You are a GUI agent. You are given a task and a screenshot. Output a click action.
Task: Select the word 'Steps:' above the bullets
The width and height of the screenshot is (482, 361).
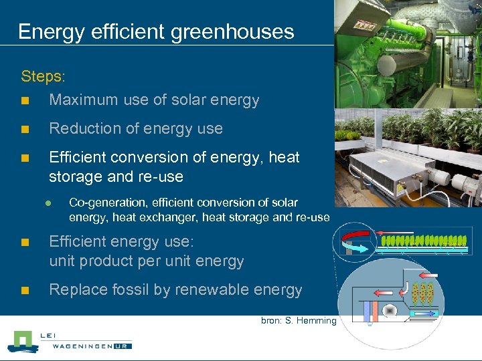(x=44, y=76)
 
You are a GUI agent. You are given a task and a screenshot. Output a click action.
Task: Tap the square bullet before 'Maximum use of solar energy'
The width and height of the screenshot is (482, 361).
(x=25, y=102)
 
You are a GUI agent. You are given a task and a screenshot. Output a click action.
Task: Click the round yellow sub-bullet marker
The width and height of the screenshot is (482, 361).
(x=49, y=203)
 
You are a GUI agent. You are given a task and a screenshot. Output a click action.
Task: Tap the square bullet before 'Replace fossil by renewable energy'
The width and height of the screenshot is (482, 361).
(x=25, y=291)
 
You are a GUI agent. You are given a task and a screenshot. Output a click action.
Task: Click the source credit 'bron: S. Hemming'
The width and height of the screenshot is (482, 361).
(x=299, y=321)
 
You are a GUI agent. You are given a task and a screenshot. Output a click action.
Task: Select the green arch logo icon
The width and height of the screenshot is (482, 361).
(x=23, y=342)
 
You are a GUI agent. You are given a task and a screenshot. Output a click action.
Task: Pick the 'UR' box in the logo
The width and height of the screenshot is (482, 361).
(x=122, y=346)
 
